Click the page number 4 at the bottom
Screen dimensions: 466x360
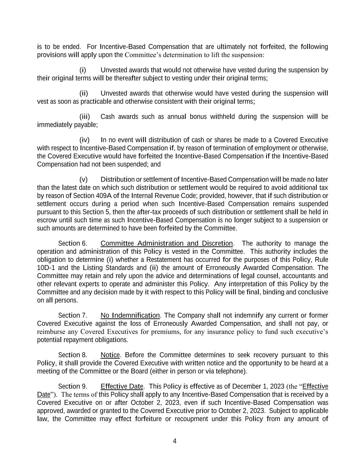point(175,441)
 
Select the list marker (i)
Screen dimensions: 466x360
point(83,70)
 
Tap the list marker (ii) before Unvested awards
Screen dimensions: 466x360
point(84,94)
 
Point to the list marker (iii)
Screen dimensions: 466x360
point(85,117)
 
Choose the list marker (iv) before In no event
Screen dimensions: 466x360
point(84,140)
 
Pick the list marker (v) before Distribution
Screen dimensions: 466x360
point(83,180)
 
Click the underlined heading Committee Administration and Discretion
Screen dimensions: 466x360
point(167,243)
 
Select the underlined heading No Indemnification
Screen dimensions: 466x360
point(130,315)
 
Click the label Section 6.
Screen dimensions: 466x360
point(73,243)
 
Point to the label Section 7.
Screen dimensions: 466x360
point(73,315)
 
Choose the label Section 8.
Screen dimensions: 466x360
point(73,355)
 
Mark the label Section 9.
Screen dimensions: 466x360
point(73,386)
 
